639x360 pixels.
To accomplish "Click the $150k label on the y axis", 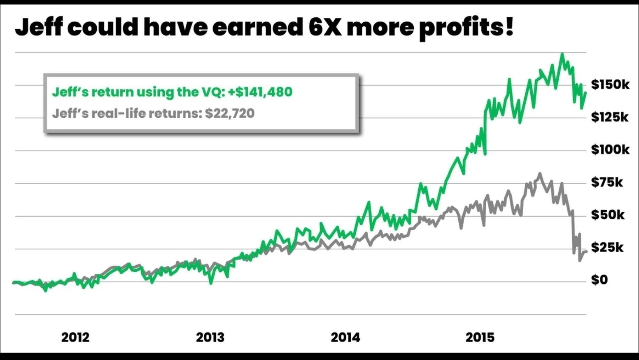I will (610, 84).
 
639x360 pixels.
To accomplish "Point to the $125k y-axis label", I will (610, 117).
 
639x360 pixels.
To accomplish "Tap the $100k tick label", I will (610, 150).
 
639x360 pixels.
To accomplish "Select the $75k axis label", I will (607, 182).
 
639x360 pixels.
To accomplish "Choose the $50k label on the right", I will (608, 215).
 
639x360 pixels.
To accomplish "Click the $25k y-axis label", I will (607, 247).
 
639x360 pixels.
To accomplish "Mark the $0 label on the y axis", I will (599, 280).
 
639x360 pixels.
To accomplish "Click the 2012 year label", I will (75, 337).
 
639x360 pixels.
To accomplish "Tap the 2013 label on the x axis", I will (210, 337).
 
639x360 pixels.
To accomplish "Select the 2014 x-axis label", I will (345, 337).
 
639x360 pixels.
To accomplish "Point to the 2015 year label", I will (480, 337).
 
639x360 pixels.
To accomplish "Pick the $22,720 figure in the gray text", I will (230, 113).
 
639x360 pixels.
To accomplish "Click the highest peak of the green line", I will (562, 54).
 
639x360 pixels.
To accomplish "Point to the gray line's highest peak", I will (539, 174).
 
